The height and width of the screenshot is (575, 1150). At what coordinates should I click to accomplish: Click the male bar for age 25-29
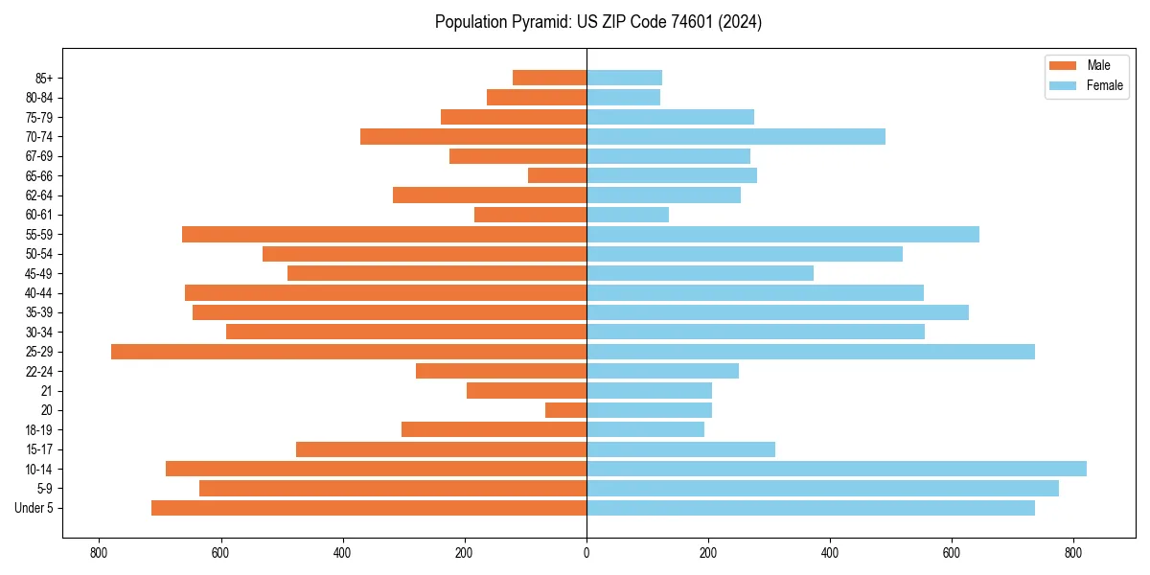coord(349,352)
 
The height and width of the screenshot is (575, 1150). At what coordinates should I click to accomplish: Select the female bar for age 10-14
coord(837,469)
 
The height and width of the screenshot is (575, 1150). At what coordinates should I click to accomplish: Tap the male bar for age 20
coord(565,410)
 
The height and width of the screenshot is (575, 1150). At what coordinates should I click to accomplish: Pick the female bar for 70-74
coord(736,136)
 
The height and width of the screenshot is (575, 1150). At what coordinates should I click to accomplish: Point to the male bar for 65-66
coord(557,175)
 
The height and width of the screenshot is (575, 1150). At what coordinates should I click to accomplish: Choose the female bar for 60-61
coord(628,215)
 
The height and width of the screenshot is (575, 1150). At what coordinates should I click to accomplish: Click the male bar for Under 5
coord(369,508)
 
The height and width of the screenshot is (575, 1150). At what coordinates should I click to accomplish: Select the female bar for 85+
coord(624,78)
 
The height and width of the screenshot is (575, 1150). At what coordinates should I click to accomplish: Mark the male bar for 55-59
coord(384,234)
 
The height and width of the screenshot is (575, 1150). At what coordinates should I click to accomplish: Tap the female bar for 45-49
coord(700,273)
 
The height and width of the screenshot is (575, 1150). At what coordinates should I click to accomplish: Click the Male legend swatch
coord(1063,65)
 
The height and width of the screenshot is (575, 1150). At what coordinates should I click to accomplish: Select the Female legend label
coord(1104,85)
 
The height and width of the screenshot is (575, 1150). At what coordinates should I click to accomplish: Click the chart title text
coord(598,22)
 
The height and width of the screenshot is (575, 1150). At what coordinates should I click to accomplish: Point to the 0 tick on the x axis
coord(586,553)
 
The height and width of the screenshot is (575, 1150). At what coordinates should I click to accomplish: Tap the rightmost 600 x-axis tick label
coord(952,553)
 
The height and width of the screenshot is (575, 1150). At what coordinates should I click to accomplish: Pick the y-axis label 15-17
coord(39,449)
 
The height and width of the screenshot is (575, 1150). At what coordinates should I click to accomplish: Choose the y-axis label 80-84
coord(39,98)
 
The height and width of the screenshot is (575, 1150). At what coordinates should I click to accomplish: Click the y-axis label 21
coord(46,391)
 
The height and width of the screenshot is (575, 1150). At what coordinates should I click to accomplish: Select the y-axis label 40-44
coord(39,293)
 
